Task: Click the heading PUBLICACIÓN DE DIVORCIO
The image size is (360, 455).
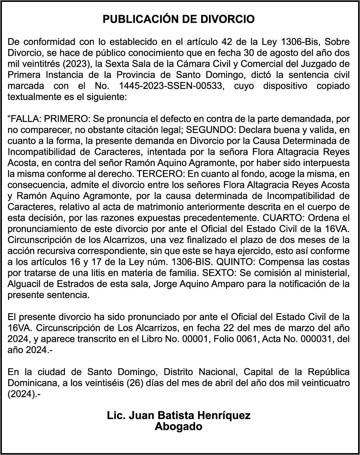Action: (179, 20)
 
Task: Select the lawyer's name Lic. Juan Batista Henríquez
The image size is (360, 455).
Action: (179, 416)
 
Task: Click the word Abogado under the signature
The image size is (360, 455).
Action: (179, 427)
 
